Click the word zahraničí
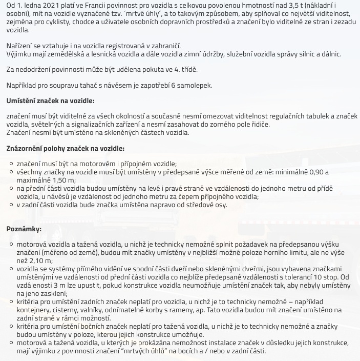pos(163,46)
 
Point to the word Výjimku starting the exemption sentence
pos(19,54)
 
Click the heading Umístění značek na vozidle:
pos(50,101)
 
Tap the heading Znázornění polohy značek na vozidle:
pos(65,148)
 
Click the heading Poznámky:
pos(24,229)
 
